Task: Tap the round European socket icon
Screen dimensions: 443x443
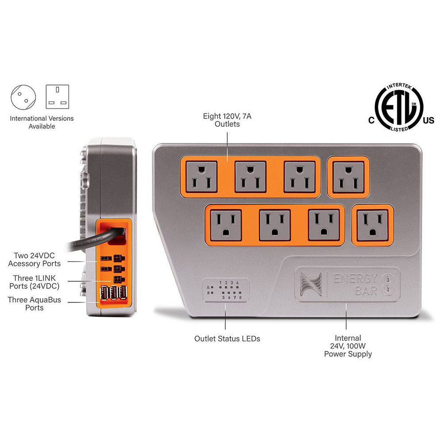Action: tap(23, 97)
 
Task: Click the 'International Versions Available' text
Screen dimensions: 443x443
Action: tap(42, 122)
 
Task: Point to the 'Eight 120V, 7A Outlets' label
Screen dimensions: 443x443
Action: tap(227, 120)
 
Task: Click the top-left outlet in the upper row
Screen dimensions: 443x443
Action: tap(202, 177)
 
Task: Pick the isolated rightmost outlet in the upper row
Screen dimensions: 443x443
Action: tap(348, 177)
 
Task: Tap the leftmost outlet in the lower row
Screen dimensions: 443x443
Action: tap(226, 225)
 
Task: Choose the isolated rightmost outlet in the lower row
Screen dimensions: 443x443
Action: tap(373, 225)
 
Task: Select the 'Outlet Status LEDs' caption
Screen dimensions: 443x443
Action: tap(227, 338)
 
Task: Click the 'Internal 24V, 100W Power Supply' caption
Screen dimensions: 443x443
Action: tap(348, 346)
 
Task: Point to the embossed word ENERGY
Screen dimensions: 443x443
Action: tap(355, 279)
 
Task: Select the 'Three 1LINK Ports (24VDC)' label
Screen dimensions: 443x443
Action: tap(34, 282)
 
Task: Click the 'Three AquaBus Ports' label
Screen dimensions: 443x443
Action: tap(34, 303)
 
